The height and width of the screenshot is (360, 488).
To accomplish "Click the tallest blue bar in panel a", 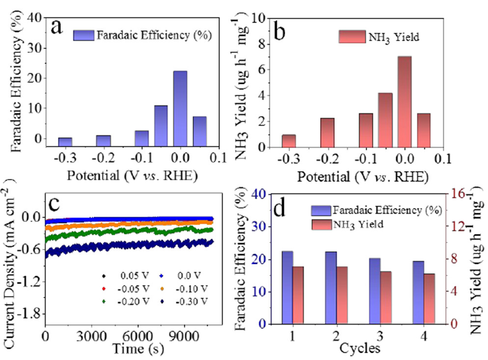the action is (x=180, y=108).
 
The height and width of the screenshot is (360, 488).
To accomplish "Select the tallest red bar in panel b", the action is (x=405, y=102).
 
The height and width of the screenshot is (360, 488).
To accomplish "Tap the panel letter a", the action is (x=57, y=27).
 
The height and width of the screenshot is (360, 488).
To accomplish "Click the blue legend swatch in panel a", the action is (x=84, y=35).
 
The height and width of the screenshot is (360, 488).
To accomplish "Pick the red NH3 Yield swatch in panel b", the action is (x=352, y=36).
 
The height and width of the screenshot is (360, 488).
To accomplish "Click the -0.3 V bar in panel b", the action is (x=289, y=141).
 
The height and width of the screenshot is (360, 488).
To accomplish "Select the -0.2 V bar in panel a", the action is (x=103, y=141).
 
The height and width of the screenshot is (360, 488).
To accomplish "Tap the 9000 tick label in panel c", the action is (x=185, y=336).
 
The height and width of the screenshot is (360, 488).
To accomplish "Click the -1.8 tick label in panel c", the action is (x=29, y=314).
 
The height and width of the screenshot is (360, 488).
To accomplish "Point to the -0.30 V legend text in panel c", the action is (x=191, y=302).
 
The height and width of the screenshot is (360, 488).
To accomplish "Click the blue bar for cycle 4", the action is (x=418, y=292).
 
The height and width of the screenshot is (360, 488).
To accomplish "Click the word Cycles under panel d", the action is (x=360, y=348).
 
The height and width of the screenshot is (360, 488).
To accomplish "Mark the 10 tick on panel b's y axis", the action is (x=259, y=18).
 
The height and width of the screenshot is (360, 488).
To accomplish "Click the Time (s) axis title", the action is (x=138, y=349).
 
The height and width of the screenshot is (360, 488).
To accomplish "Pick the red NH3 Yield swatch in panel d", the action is (x=322, y=225).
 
